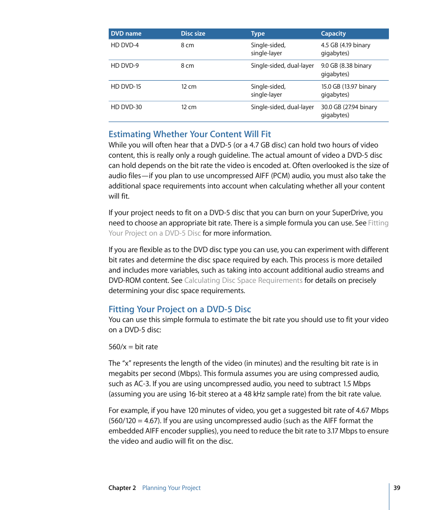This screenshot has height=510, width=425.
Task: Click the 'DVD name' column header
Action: coord(126,33)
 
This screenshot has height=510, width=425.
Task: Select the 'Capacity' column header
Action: coord(333,33)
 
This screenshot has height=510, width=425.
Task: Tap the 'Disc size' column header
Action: coord(193,33)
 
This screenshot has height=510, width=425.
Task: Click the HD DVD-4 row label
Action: coord(125,45)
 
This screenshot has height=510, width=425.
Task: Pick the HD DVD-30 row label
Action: coord(126,107)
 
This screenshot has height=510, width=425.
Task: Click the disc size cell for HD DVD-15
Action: coord(188,86)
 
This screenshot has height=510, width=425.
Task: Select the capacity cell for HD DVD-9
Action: coord(346,70)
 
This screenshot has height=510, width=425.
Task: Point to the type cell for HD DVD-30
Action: coord(282,107)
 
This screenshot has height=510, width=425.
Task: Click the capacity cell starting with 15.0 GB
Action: coord(348,90)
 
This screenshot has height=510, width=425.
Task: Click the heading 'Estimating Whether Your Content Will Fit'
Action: coord(190,134)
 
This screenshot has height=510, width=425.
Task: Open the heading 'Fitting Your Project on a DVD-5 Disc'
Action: coord(180,309)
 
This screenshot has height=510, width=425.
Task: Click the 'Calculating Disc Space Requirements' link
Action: coord(243,281)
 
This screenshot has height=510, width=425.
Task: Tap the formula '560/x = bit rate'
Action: coord(133,347)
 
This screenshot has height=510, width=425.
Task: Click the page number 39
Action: coord(397,488)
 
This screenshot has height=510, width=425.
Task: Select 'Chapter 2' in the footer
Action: coord(122,488)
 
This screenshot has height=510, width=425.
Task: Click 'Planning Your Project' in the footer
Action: coord(172,488)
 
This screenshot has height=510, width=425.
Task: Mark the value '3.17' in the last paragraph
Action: coord(332,431)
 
